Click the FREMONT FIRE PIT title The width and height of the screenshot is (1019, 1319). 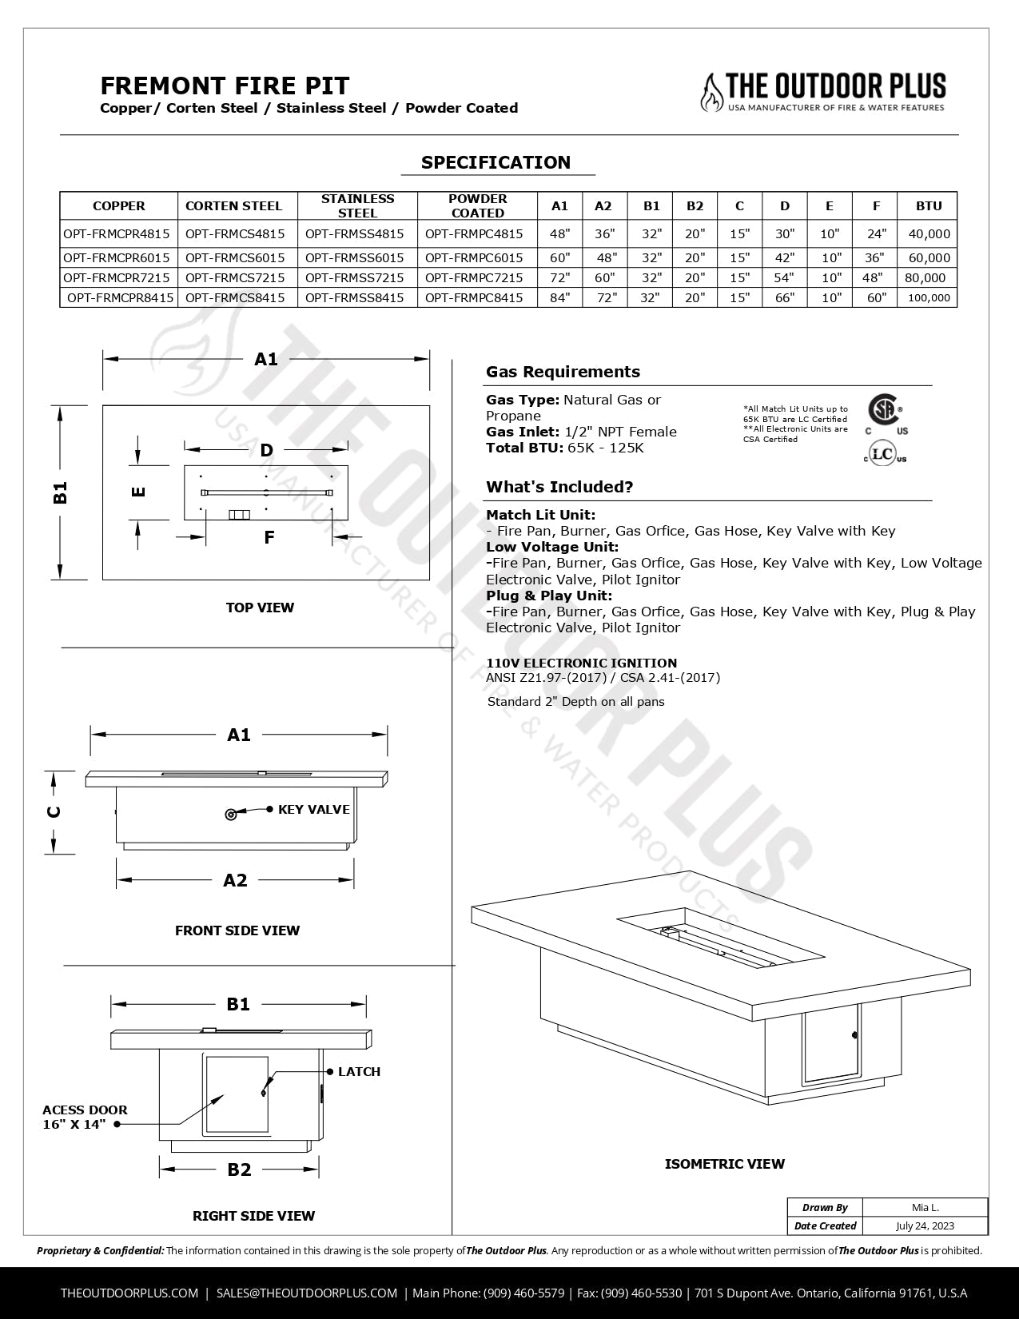[x=225, y=86]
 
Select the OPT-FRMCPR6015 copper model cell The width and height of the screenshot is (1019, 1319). [x=117, y=257]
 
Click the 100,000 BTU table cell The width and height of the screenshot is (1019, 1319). [x=929, y=297]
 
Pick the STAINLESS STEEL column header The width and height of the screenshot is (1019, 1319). [x=357, y=205]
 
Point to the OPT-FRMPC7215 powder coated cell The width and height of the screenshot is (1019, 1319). [x=474, y=277]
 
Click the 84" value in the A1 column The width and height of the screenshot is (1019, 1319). [x=559, y=297]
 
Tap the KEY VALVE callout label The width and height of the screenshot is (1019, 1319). [x=313, y=810]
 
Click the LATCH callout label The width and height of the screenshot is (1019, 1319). [x=359, y=1072]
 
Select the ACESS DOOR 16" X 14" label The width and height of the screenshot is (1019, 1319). [x=84, y=1117]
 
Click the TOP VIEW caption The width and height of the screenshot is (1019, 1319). [x=260, y=608]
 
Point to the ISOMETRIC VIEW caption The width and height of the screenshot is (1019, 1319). [x=724, y=1164]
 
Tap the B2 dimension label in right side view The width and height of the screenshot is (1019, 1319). [x=239, y=1170]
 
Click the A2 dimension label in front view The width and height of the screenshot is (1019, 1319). [x=235, y=880]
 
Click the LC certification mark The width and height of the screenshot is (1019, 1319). [x=883, y=454]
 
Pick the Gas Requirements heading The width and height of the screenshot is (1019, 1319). [x=563, y=372]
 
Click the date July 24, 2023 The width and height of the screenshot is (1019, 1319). [x=925, y=1225]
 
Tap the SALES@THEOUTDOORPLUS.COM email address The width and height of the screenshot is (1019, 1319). [x=307, y=1293]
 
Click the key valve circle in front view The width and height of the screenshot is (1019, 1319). [x=231, y=815]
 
